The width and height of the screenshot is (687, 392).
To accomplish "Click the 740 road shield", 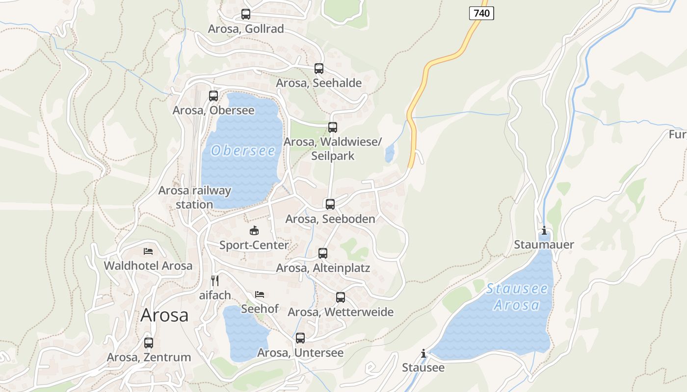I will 481,13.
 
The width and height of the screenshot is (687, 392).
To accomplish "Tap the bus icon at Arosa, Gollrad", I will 246,14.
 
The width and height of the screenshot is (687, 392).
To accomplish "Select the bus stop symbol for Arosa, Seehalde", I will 319,69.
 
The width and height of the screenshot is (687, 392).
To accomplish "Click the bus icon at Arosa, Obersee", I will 213,96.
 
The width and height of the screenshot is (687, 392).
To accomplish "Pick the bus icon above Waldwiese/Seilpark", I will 333,127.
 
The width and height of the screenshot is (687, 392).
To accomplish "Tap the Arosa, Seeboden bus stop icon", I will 330,204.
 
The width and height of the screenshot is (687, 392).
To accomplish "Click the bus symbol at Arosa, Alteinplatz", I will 323,253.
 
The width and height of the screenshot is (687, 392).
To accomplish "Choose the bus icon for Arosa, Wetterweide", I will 341,297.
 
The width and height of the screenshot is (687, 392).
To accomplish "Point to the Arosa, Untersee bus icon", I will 300,338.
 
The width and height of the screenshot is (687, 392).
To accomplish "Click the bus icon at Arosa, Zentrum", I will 149,343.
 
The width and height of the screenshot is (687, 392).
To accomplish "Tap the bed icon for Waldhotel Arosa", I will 148,251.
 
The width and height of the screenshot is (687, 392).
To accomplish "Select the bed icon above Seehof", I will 260,294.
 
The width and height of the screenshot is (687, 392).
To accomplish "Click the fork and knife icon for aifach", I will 214,281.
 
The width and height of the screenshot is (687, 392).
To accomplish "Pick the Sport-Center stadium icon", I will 254,230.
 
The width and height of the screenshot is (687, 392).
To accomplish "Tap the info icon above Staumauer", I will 544,230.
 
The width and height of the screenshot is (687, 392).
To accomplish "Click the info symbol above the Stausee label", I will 423,353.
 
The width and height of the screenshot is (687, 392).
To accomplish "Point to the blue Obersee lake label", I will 243,150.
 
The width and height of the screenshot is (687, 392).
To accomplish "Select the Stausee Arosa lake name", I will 517,297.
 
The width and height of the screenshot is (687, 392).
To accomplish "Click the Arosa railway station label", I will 194,197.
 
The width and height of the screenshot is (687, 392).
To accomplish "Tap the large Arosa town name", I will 164,315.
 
